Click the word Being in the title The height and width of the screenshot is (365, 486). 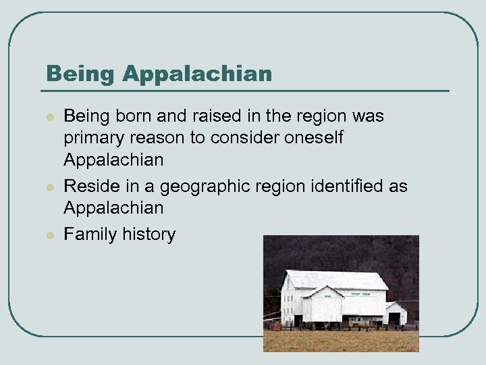pos(73,73)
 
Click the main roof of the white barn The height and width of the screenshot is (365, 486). pos(337,279)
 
